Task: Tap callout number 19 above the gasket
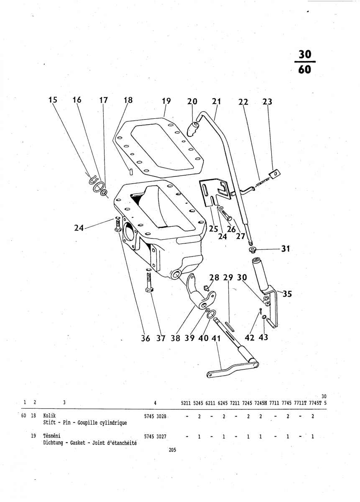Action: [x=166, y=101]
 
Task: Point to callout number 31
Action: [x=285, y=249]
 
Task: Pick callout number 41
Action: [x=216, y=338]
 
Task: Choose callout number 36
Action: [x=146, y=338]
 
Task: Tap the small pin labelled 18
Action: [x=131, y=171]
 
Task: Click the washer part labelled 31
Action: [x=252, y=250]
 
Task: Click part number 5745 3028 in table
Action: [x=155, y=417]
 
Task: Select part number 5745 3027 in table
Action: [x=155, y=436]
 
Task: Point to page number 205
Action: [x=172, y=450]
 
